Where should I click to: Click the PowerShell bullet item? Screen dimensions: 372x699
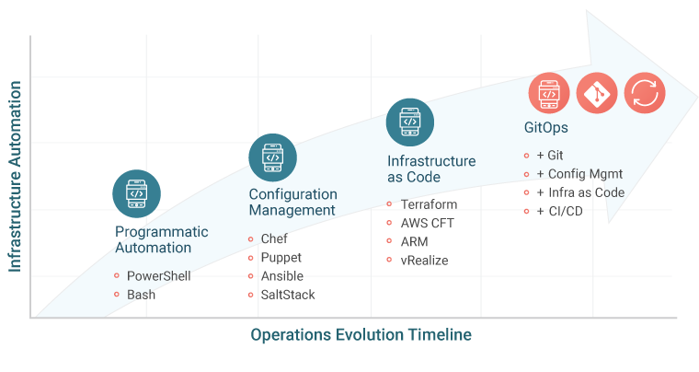(x=158, y=275)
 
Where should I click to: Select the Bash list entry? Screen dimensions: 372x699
(x=141, y=294)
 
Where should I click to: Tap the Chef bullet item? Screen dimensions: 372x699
(x=274, y=238)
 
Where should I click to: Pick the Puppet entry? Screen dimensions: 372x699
(x=281, y=258)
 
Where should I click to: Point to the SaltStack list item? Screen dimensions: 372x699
(x=287, y=295)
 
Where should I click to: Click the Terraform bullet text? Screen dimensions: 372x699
(x=429, y=204)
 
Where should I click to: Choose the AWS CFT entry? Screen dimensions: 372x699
(x=427, y=223)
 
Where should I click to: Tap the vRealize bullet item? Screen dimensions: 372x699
(x=424, y=261)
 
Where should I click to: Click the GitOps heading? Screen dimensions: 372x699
(x=544, y=127)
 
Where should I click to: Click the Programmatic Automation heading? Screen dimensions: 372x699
(x=161, y=239)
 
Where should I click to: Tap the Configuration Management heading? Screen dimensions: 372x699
(x=292, y=202)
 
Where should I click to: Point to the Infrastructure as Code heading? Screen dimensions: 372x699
(x=430, y=169)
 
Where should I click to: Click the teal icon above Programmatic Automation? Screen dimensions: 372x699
(x=136, y=192)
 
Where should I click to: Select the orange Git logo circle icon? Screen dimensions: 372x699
(x=599, y=93)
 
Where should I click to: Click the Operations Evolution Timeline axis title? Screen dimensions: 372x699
(x=361, y=335)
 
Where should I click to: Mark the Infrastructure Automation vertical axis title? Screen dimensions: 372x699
(x=15, y=176)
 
